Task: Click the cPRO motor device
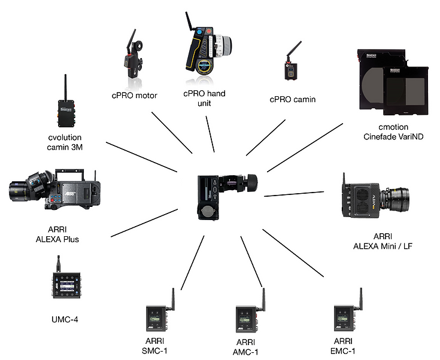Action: tap(131, 60)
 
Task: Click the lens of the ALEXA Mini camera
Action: tap(392, 197)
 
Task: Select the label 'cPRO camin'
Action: tap(292, 99)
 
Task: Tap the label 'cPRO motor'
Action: tap(134, 95)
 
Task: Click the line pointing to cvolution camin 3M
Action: tap(144, 156)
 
